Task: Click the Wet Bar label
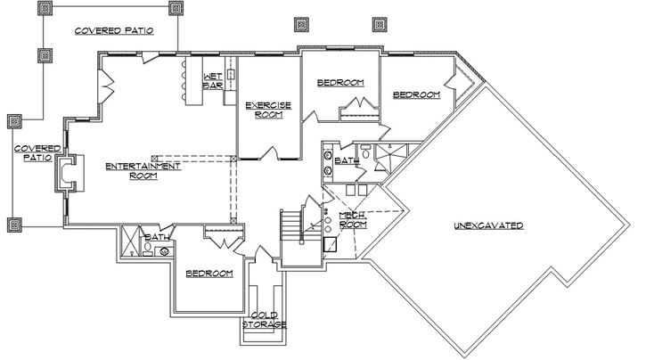click(x=212, y=80)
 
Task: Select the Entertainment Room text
click(x=143, y=171)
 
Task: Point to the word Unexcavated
click(x=487, y=225)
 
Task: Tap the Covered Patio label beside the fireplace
click(x=36, y=152)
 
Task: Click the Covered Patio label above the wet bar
click(x=113, y=29)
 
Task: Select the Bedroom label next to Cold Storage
click(x=209, y=273)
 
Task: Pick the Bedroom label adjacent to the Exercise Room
click(x=340, y=83)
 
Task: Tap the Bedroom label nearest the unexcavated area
click(x=416, y=94)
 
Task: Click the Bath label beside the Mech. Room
click(x=347, y=161)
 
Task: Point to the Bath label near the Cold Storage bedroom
click(x=159, y=238)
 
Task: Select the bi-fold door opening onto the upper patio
click(x=106, y=87)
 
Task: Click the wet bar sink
click(x=229, y=75)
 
